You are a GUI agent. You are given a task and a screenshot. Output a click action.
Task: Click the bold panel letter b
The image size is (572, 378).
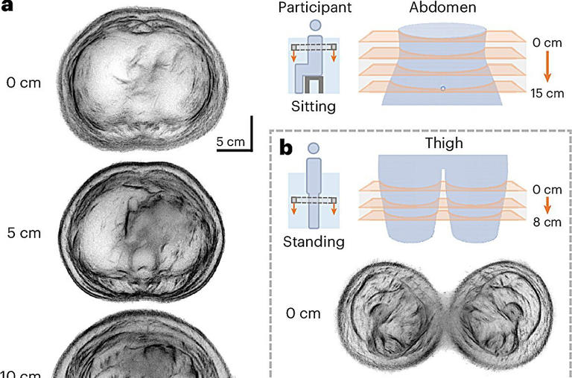tap(286, 147)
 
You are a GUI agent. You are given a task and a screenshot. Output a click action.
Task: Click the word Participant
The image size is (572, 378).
tap(314, 8)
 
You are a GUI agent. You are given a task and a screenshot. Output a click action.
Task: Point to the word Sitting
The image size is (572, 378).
tap(314, 106)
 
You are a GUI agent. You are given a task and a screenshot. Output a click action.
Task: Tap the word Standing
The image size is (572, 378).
tap(314, 241)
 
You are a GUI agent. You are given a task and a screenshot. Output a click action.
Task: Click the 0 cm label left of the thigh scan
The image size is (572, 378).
tap(303, 313)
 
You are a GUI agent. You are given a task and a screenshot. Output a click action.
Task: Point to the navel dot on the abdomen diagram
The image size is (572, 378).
tap(442, 89)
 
